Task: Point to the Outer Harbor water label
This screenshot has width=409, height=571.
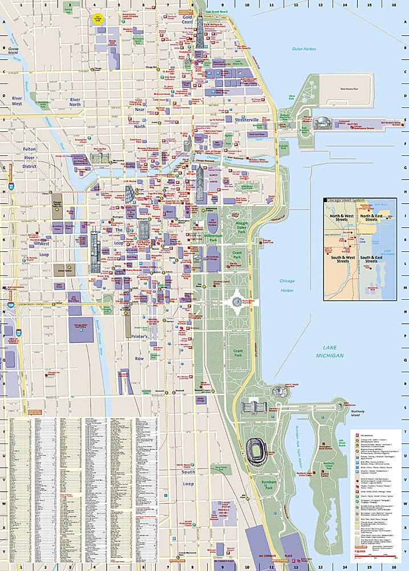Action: pos(303,49)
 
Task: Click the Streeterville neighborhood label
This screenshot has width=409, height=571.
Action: pos(246,120)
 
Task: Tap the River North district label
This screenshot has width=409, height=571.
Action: pos(75,101)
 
